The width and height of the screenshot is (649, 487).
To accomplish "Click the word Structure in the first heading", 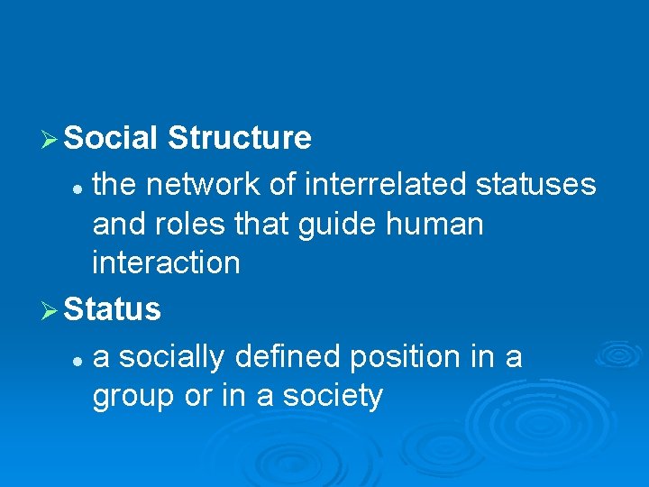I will [240, 138].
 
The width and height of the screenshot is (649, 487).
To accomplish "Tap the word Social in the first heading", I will [112, 138].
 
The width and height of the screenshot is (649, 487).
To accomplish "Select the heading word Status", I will [113, 309].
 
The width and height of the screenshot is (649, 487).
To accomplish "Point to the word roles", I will [185, 224].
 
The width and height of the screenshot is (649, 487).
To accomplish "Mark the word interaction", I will [166, 263].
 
